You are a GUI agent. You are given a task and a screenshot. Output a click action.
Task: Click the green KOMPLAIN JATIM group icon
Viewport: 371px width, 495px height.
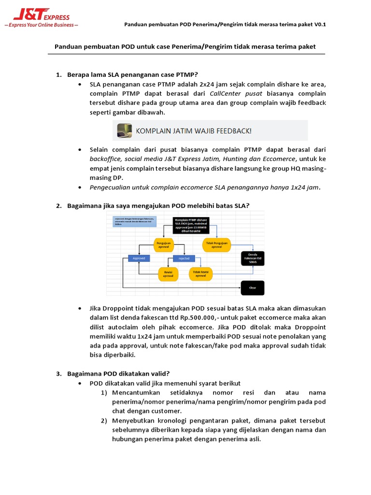124,131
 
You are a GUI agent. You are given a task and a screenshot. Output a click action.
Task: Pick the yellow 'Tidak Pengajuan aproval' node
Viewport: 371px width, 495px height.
217,245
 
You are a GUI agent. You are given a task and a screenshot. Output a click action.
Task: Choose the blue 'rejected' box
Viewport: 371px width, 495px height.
184,259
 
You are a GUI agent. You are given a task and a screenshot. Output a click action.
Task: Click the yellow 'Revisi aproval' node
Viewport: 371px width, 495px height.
168,274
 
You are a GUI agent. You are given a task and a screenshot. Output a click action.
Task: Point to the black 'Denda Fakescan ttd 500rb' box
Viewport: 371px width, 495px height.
253,259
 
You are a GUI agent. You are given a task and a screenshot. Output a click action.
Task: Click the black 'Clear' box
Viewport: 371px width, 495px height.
252,288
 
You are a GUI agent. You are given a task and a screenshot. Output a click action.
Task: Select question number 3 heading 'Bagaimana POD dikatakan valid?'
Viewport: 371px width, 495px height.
118,373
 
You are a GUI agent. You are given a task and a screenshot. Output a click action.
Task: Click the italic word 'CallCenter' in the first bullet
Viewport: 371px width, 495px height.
227,93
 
